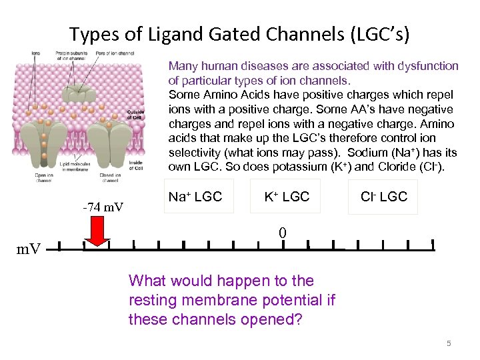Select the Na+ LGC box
click(x=195, y=197)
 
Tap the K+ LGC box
click(x=287, y=197)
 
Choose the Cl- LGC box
click(x=383, y=197)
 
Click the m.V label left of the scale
click(x=28, y=249)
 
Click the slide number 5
click(x=449, y=343)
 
